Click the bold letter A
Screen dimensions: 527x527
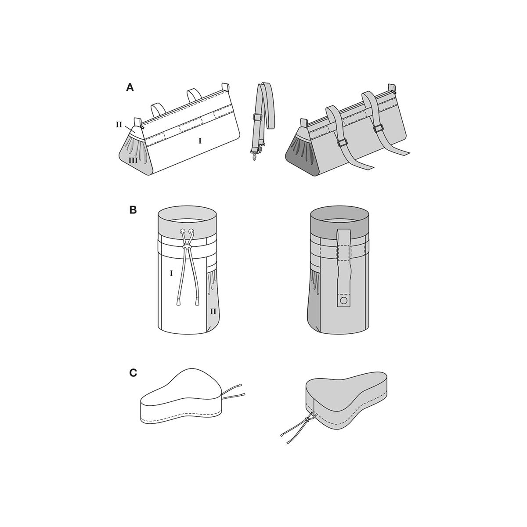pyautogui.click(x=130, y=87)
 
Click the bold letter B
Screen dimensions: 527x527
pyautogui.click(x=133, y=210)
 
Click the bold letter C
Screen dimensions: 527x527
pyautogui.click(x=133, y=373)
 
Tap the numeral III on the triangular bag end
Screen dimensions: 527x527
pyautogui.click(x=133, y=160)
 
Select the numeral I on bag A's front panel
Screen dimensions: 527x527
pyautogui.click(x=200, y=141)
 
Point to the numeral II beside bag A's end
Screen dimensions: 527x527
pyautogui.click(x=119, y=125)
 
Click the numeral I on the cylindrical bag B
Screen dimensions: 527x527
pyautogui.click(x=171, y=273)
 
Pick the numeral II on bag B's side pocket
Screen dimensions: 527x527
pyautogui.click(x=213, y=311)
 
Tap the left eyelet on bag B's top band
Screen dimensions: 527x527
pyautogui.click(x=182, y=231)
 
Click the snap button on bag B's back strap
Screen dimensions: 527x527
pyautogui.click(x=343, y=301)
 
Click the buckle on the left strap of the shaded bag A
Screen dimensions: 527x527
pyautogui.click(x=342, y=143)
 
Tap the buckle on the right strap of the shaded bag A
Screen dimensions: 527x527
pyautogui.click(x=378, y=129)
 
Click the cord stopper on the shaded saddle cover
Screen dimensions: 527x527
pyautogui.click(x=308, y=426)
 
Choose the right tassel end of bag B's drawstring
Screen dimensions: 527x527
pyautogui.click(x=197, y=302)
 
